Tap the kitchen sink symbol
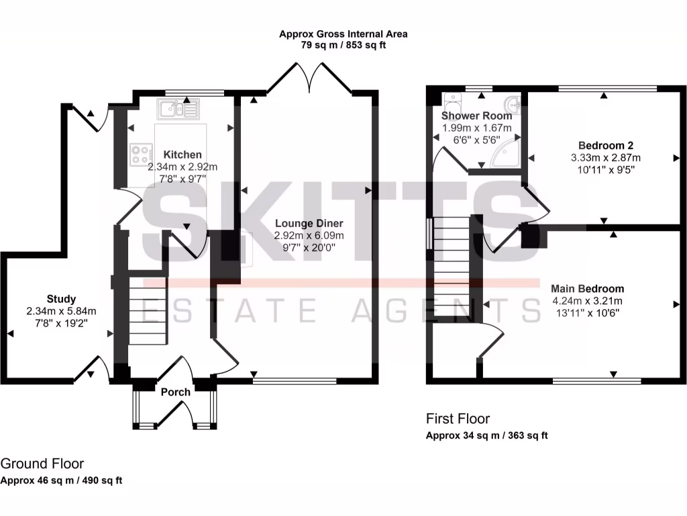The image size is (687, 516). [x=178, y=108]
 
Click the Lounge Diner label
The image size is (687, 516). [x=309, y=223]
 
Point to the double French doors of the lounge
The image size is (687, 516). [x=309, y=77]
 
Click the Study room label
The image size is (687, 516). [x=61, y=299]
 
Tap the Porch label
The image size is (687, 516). [x=175, y=392]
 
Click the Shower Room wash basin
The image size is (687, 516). [x=513, y=104]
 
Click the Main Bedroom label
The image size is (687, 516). [x=588, y=289]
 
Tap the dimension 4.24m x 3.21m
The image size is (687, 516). [x=588, y=300]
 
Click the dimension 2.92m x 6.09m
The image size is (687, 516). [x=309, y=235]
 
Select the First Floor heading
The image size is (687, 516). [x=458, y=419]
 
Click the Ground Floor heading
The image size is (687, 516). [x=42, y=464]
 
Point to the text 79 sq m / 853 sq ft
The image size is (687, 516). [x=343, y=45]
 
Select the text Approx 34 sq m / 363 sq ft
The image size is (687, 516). [x=487, y=435]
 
